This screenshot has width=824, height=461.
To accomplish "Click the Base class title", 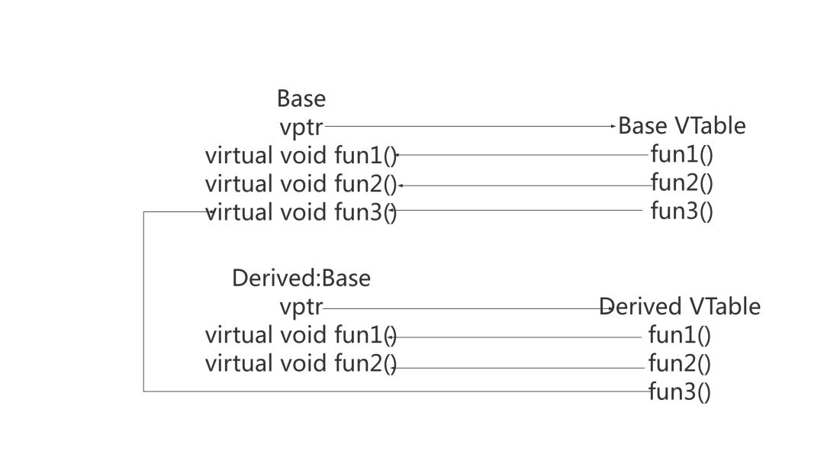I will pyautogui.click(x=301, y=98).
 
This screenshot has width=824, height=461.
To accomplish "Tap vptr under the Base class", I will pyautogui.click(x=301, y=127).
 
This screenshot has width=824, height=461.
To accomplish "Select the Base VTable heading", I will pyautogui.click(x=681, y=126).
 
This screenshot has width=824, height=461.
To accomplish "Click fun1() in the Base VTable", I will pyautogui.click(x=681, y=155).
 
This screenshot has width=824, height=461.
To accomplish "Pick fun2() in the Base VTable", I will pyautogui.click(x=681, y=182).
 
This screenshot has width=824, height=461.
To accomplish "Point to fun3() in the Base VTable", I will pyautogui.click(x=681, y=211).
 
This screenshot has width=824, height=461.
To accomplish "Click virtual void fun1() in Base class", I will pyautogui.click(x=301, y=156).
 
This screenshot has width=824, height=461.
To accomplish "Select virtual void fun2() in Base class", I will pyautogui.click(x=301, y=184).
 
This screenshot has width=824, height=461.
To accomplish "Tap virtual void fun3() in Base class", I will pyautogui.click(x=301, y=212).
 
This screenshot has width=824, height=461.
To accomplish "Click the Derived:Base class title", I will pyautogui.click(x=301, y=279).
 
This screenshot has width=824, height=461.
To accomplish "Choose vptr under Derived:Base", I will pyautogui.click(x=301, y=308).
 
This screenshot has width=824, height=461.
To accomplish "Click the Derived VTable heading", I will pyautogui.click(x=680, y=307).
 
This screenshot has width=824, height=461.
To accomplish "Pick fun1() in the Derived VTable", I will pyautogui.click(x=679, y=335).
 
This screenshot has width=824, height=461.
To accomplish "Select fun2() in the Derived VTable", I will pyautogui.click(x=679, y=363).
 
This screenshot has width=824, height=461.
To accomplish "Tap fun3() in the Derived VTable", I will pyautogui.click(x=679, y=392).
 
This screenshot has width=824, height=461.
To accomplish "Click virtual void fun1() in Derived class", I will pyautogui.click(x=301, y=335).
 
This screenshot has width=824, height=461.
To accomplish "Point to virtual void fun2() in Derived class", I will pyautogui.click(x=301, y=363).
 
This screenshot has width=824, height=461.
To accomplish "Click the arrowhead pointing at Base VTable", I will pyautogui.click(x=613, y=126).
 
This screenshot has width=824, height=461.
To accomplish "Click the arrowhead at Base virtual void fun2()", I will pyautogui.click(x=401, y=185).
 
